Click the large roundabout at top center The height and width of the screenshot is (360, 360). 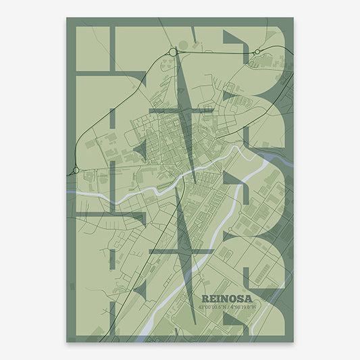174,51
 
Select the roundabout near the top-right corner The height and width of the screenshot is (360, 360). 257,51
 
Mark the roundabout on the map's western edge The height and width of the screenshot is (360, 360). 76,170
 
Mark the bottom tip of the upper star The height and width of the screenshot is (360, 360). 195,184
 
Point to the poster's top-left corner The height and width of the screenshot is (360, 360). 66,18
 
